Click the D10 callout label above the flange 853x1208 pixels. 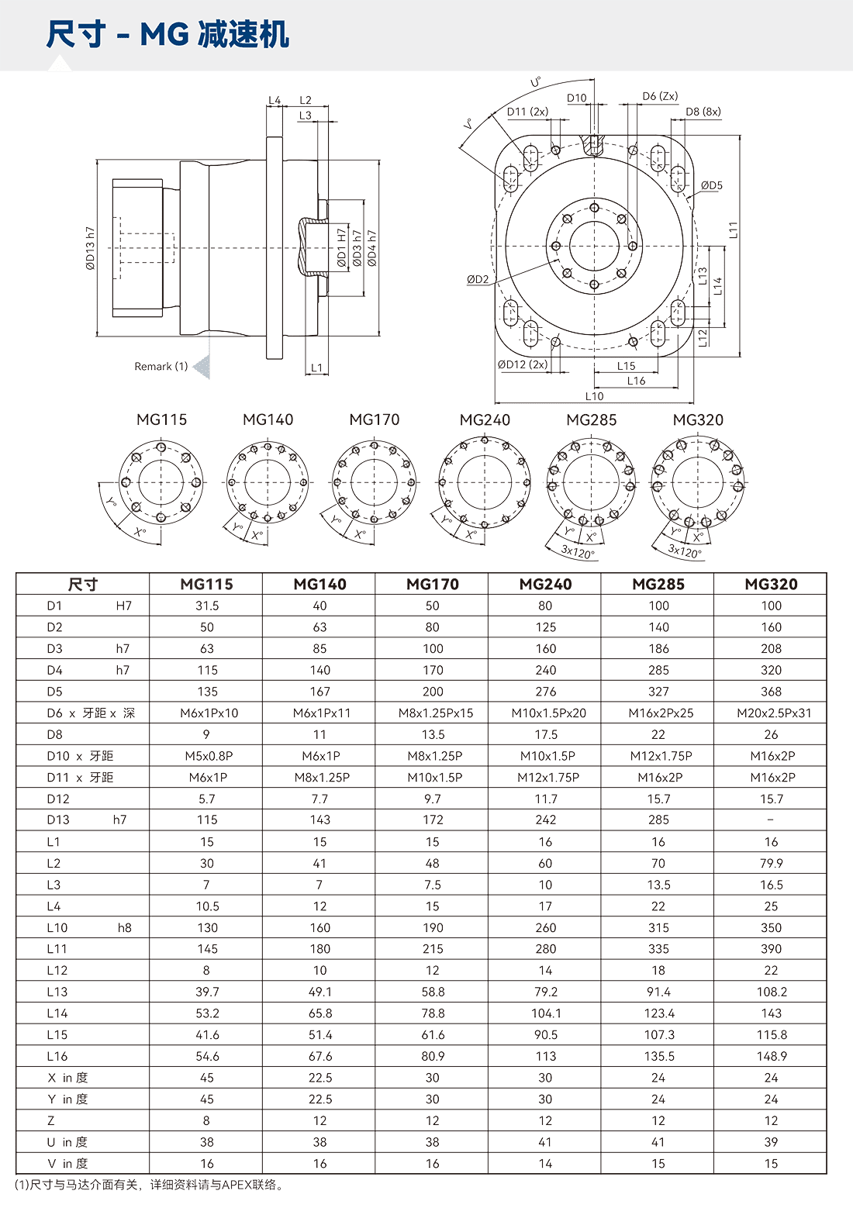click(x=578, y=98)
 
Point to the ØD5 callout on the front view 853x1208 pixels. click(x=711, y=186)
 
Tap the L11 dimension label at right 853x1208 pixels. click(x=733, y=230)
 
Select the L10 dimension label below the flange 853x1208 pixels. click(x=594, y=396)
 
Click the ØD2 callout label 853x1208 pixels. click(x=478, y=279)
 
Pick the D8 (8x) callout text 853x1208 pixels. click(x=703, y=112)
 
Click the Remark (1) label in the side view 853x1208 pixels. click(x=161, y=366)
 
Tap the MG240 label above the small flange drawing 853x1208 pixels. click(x=485, y=419)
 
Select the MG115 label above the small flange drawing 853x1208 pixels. click(x=161, y=419)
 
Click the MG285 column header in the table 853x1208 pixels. click(x=658, y=584)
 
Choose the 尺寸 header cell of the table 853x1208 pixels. click(x=82, y=584)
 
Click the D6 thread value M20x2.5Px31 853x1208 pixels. click(x=772, y=713)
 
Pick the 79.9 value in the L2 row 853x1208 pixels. click(x=771, y=863)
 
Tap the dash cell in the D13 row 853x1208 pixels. click(x=771, y=820)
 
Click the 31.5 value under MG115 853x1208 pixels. click(x=207, y=606)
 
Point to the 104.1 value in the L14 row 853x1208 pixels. click(x=545, y=1013)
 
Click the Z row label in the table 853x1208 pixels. click(x=51, y=1120)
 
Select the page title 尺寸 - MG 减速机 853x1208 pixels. click(x=167, y=35)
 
